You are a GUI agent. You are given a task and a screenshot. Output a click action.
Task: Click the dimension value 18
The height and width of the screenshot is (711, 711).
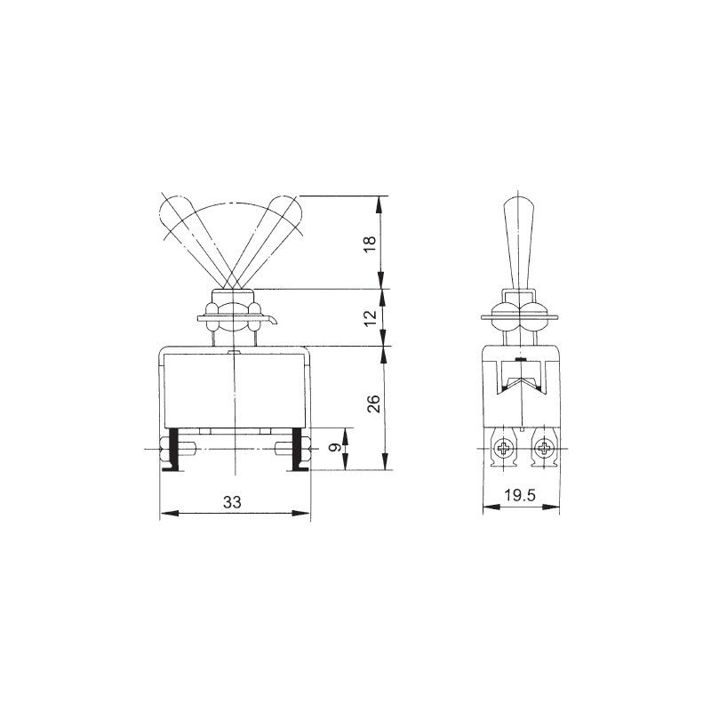pos(371,245)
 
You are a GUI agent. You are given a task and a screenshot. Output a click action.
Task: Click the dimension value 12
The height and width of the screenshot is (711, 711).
pos(371,318)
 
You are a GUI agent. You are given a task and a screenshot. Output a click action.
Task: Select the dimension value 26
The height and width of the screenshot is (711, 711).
pos(373,404)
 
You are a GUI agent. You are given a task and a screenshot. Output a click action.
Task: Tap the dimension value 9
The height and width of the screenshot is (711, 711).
pos(335,448)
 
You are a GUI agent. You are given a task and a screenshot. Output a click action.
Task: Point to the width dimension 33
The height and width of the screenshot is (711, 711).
pos(232,502)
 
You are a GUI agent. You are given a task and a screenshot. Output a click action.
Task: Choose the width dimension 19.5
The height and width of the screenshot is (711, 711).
pos(520,496)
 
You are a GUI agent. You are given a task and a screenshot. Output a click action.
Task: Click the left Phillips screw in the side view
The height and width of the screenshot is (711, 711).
pos(504,450)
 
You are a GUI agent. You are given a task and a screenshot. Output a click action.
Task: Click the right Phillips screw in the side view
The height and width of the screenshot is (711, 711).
pos(543,450)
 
